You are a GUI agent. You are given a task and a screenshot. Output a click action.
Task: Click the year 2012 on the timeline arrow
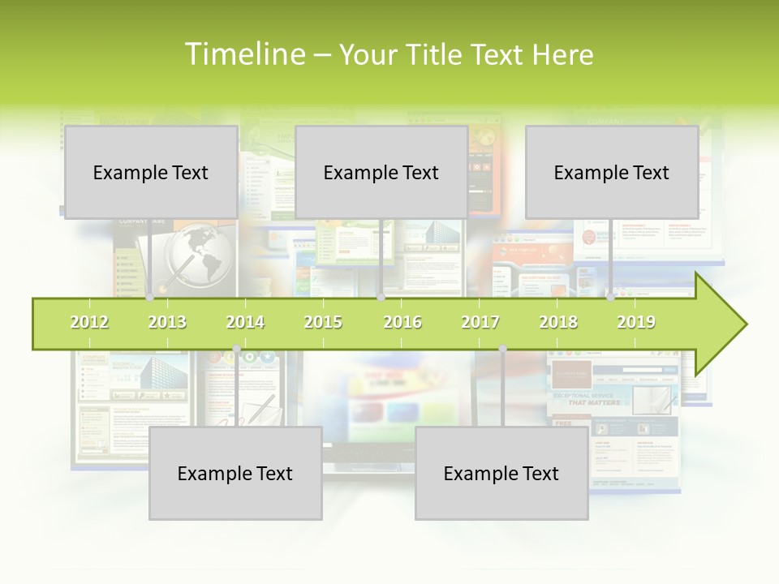coord(89,322)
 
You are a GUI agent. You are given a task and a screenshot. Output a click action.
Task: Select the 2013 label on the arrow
coord(167,322)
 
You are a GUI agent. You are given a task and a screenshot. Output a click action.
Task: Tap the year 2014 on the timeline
coord(245,322)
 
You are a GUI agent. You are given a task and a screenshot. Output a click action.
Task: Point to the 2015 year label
coord(323,322)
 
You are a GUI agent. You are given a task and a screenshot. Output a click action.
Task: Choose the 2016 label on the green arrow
coord(402,322)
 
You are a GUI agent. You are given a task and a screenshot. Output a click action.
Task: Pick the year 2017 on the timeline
coord(480,322)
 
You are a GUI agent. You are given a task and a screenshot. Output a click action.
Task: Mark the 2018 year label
coord(558,322)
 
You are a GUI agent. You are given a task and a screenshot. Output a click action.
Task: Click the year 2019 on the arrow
coord(636,322)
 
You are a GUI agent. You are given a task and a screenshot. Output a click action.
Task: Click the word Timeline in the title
coord(243,54)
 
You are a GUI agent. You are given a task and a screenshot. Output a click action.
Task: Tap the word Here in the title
coord(562,54)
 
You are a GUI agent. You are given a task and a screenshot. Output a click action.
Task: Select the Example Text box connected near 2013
coord(151,172)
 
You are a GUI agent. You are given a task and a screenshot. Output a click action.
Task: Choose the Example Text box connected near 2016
coord(381,172)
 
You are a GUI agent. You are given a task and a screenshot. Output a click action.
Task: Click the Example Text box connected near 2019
coord(612,172)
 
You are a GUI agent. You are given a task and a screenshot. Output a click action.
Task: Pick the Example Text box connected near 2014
coord(235,473)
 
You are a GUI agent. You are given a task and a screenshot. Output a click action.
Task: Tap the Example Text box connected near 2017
coord(501,473)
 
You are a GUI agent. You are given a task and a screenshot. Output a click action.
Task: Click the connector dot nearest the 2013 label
coord(150,297)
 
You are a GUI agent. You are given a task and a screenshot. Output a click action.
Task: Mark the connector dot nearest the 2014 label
coord(236,349)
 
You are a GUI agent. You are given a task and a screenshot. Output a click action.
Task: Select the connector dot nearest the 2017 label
coord(502,349)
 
